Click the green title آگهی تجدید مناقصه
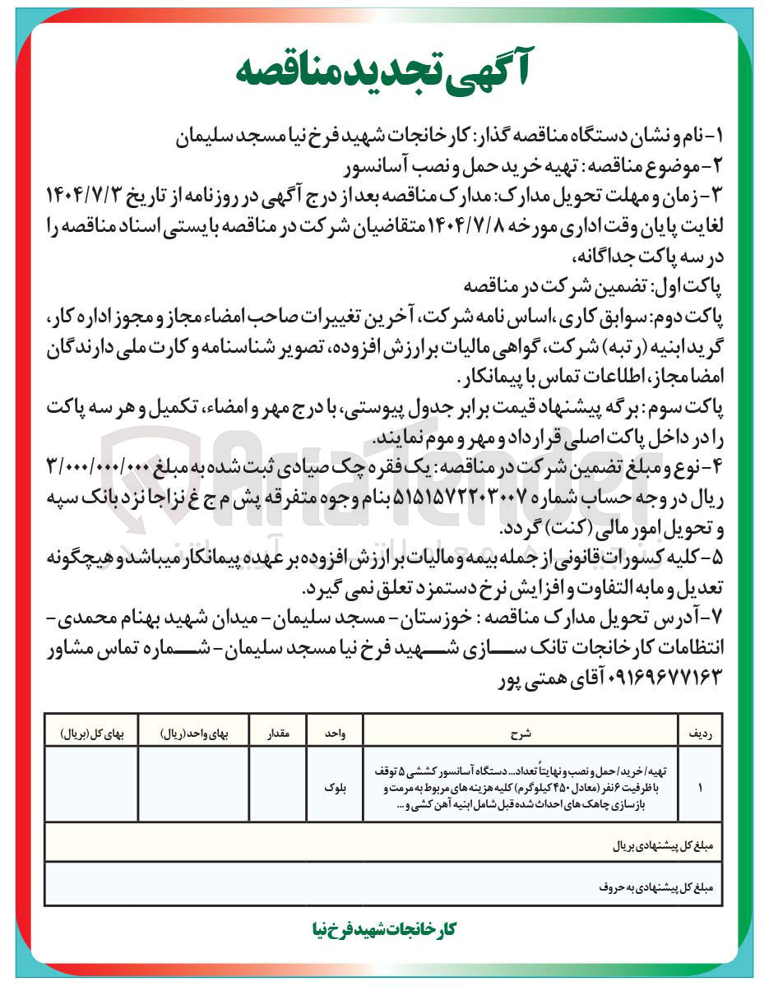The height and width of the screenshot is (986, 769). point(384,72)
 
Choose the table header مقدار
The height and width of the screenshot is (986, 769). point(276,729)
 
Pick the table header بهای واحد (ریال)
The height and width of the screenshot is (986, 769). point(192,729)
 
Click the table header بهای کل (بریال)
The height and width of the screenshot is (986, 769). point(90,729)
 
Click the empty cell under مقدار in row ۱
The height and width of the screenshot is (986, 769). point(276,787)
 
